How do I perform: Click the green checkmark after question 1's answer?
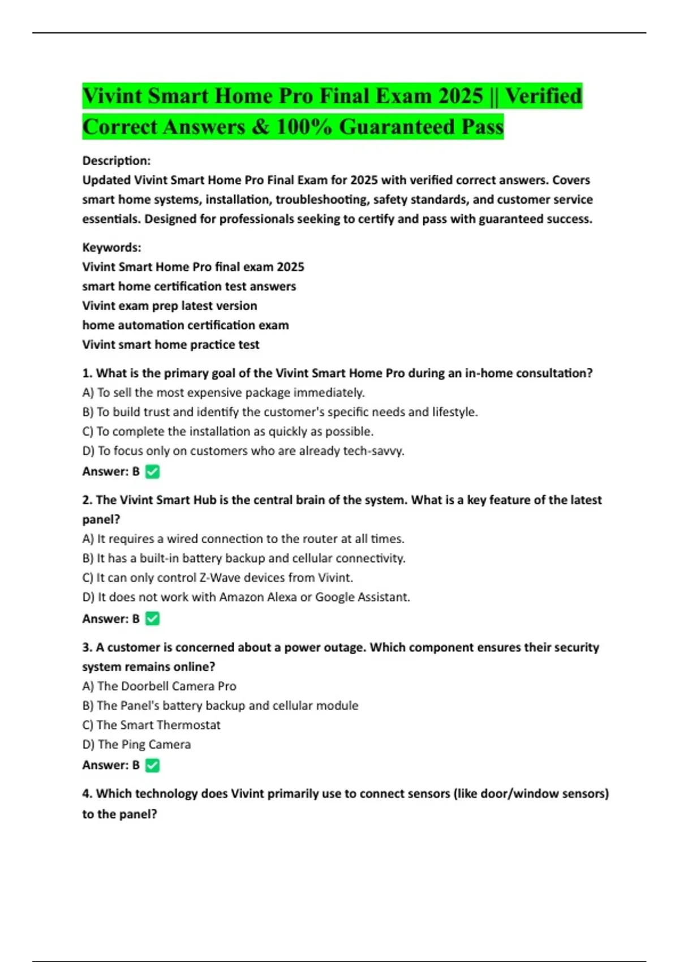tap(152, 471)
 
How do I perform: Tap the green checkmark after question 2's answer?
tap(152, 619)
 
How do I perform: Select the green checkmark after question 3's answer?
tap(152, 765)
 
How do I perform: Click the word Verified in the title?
tap(543, 96)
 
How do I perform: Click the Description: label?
tap(117, 161)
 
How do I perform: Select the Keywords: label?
tap(112, 247)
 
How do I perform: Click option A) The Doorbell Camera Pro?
tap(160, 686)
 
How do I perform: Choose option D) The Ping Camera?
tap(136, 744)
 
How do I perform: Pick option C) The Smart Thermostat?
tap(151, 725)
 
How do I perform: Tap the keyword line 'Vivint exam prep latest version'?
tap(170, 306)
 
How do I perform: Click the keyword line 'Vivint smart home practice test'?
tap(171, 345)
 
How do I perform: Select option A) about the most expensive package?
tap(224, 393)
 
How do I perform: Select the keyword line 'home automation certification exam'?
tap(186, 325)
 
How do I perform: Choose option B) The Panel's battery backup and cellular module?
tap(221, 706)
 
